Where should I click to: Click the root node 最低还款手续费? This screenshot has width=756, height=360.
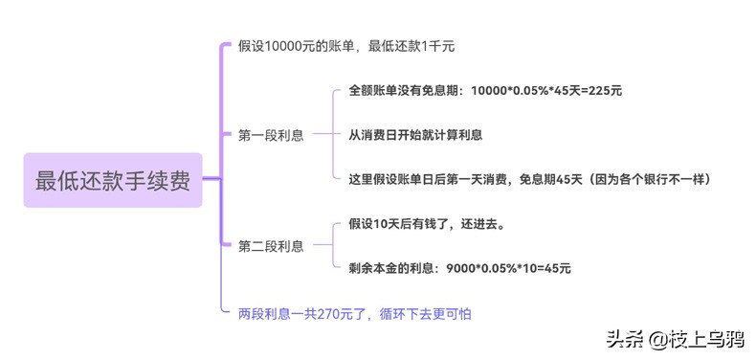click(x=113, y=180)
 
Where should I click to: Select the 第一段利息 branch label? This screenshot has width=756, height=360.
click(x=271, y=136)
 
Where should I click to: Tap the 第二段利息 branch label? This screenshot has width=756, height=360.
click(x=271, y=246)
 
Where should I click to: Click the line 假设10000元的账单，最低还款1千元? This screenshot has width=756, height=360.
click(x=345, y=46)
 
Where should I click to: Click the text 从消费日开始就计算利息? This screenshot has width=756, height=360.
click(x=415, y=135)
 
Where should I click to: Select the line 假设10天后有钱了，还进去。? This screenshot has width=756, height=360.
click(x=426, y=225)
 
